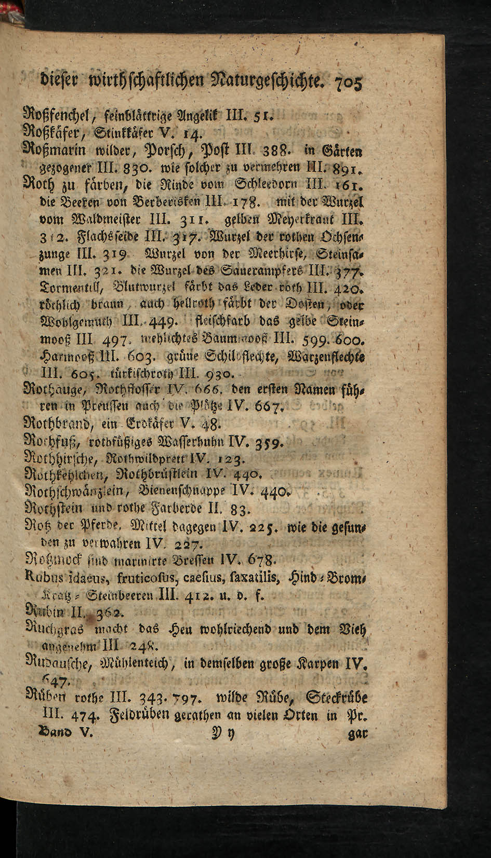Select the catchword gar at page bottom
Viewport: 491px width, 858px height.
pyautogui.click(x=359, y=734)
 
